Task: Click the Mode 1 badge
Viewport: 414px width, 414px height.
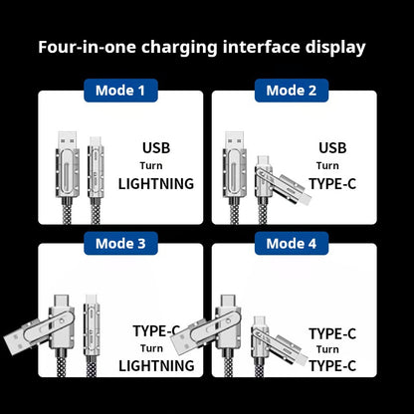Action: [120, 91]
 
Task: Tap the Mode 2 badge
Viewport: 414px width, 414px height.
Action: [292, 91]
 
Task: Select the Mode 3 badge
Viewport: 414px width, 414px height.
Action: [120, 243]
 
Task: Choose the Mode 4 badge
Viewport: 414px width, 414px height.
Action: [292, 243]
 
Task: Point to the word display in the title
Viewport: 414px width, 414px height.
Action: [332, 47]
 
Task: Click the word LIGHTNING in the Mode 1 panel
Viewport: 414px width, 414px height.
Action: [156, 183]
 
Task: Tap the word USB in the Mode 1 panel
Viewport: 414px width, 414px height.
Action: [156, 148]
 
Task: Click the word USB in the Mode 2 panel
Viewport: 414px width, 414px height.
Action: [332, 148]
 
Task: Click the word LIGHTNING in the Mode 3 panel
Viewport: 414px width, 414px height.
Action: [156, 366]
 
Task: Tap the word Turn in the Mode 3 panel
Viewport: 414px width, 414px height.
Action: [151, 348]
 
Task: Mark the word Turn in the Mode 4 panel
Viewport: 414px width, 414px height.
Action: [327, 349]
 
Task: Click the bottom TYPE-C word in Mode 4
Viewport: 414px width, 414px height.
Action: [331, 365]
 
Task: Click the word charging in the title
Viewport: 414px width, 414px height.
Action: [179, 47]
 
